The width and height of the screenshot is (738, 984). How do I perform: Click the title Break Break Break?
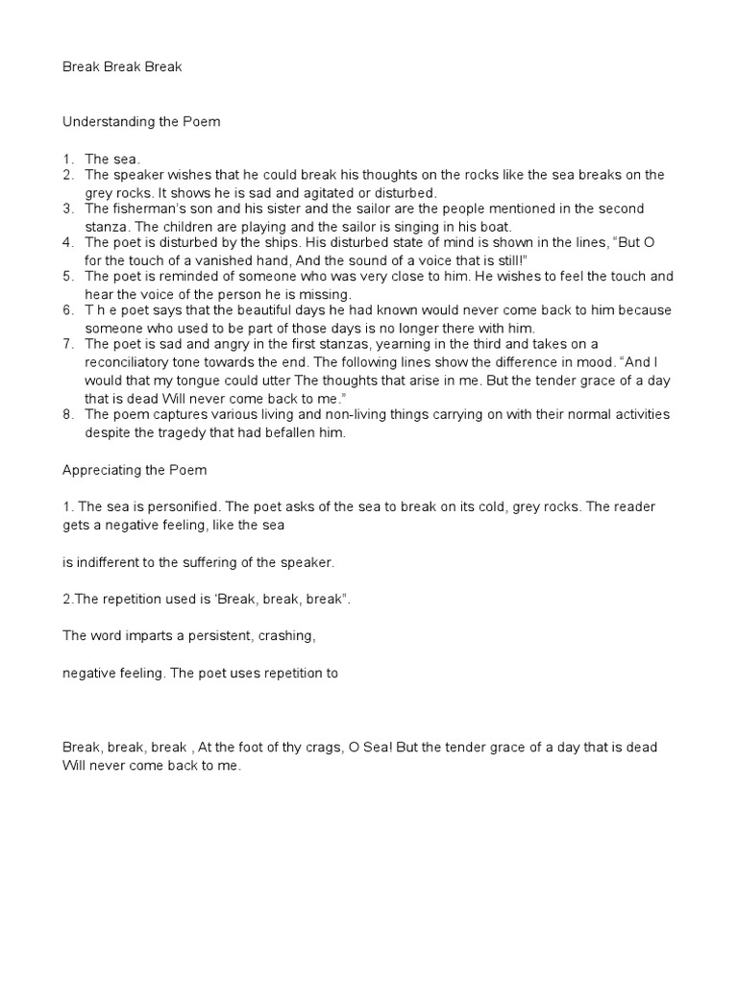tap(122, 67)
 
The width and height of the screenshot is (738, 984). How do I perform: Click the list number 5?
tap(68, 277)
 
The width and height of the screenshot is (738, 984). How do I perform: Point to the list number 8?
tap(68, 415)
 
